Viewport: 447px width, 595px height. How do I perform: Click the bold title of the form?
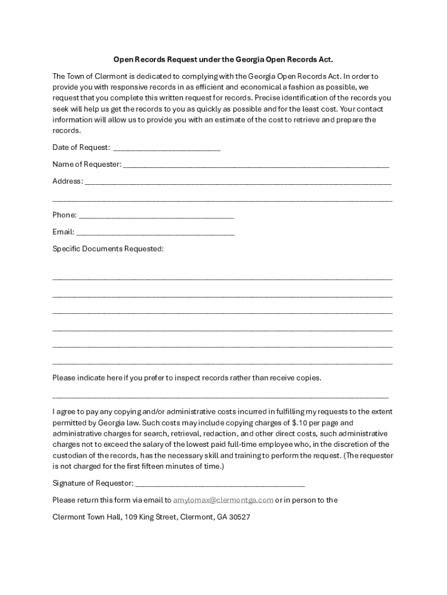[223, 59]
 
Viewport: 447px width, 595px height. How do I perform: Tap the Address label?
[67, 181]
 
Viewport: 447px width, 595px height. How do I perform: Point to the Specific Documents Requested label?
[108, 249]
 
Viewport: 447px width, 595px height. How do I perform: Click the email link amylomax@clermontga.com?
[223, 500]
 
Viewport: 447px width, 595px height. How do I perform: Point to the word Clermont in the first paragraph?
[106, 76]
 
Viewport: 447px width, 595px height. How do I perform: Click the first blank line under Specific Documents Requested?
[222, 279]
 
